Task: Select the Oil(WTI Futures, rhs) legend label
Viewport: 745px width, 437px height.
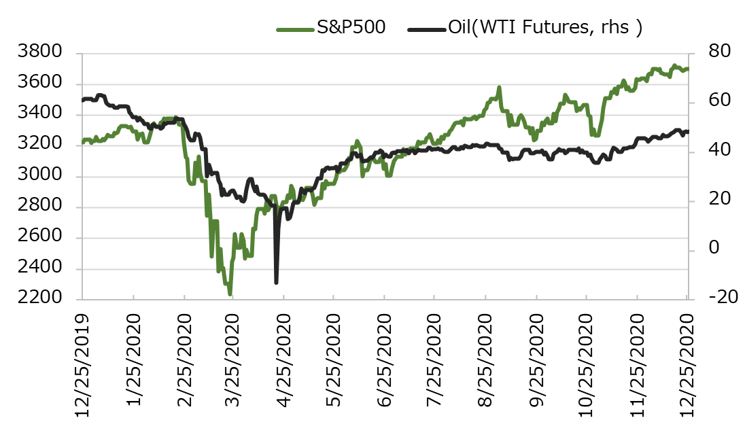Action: point(545,28)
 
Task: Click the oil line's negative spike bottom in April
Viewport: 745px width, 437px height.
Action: point(276,283)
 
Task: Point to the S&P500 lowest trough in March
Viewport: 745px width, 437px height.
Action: point(230,294)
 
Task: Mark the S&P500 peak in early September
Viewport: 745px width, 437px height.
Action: point(499,88)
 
